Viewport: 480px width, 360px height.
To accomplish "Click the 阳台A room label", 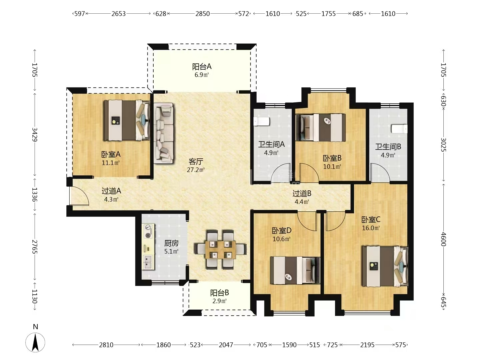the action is tap(202, 66).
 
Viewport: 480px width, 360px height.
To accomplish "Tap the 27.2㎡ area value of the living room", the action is tap(196, 170).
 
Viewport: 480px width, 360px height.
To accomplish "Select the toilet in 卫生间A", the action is tap(262, 122).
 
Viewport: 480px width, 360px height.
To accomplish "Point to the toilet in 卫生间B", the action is tap(399, 129).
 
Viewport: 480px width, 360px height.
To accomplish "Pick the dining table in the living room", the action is tap(220, 250).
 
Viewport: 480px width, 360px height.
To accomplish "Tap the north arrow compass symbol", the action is tap(35, 342).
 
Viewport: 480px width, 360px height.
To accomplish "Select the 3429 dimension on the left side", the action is tap(35, 135).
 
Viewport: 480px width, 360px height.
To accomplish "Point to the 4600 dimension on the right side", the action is tap(443, 239).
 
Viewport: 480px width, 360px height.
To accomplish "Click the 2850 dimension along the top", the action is tap(202, 14).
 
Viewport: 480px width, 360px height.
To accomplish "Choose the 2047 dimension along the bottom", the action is tap(226, 345).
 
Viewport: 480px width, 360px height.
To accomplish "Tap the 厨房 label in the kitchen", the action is tap(171, 243).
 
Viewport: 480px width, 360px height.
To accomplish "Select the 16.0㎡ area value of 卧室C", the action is tap(371, 228).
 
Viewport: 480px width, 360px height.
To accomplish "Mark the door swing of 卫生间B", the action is tap(380, 172).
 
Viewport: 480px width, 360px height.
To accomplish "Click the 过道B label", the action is tap(302, 193).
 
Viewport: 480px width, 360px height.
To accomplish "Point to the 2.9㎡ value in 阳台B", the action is tap(219, 301).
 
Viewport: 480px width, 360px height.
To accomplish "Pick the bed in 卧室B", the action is tap(321, 127).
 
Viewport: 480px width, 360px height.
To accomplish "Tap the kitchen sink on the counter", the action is tap(148, 262).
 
